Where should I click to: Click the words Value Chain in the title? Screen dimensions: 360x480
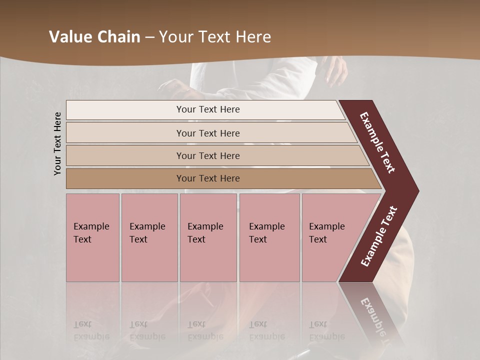(x=94, y=37)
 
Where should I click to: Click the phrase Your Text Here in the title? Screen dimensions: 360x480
(x=215, y=37)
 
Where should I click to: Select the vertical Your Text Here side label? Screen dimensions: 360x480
(x=57, y=143)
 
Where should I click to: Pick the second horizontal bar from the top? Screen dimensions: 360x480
(x=208, y=133)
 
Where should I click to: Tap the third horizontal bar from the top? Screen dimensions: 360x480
(x=208, y=155)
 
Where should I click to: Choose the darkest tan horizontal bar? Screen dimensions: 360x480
(x=208, y=178)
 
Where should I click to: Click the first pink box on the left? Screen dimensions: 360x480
(x=92, y=237)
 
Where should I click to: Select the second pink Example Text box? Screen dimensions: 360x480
(x=149, y=237)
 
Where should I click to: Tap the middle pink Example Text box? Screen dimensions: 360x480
(x=208, y=237)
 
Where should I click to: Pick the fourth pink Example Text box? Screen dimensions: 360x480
(x=269, y=237)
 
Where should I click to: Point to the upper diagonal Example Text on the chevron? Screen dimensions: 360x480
(x=378, y=142)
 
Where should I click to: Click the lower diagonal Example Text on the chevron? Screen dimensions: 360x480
(x=379, y=236)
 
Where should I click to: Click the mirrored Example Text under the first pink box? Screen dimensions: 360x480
(x=91, y=330)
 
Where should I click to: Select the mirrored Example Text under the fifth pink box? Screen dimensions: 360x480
(x=326, y=330)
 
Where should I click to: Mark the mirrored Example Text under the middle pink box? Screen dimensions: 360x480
(x=205, y=330)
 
